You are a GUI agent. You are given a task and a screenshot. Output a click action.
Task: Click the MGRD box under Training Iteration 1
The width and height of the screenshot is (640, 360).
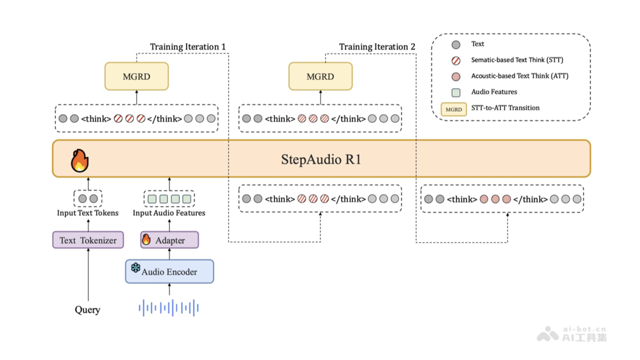tap(137, 76)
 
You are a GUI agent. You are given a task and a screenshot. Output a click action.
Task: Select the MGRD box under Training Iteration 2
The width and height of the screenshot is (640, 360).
tap(321, 76)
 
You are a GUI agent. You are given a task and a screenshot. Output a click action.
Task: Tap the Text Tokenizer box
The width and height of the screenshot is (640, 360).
tap(88, 240)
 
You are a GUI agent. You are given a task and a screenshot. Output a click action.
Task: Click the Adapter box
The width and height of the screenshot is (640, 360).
tap(170, 240)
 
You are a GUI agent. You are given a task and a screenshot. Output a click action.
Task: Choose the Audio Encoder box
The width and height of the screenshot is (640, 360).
tap(170, 271)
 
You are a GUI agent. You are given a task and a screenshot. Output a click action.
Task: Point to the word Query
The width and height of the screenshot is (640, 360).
tap(87, 309)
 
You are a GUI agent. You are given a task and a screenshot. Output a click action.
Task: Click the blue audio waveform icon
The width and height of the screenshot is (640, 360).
tap(169, 308)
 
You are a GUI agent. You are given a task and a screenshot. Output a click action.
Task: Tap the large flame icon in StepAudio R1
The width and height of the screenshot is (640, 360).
tap(79, 159)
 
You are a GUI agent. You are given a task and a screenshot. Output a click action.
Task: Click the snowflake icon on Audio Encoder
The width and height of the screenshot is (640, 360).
tap(135, 268)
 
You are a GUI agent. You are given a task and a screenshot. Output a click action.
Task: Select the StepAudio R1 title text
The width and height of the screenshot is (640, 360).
tap(321, 159)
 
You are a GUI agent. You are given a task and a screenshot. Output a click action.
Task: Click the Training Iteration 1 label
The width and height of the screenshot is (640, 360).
tap(188, 47)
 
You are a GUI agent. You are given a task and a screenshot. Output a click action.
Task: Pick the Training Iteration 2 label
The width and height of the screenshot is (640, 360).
tap(377, 47)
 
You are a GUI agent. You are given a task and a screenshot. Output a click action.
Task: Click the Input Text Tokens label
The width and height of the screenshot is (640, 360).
tap(87, 213)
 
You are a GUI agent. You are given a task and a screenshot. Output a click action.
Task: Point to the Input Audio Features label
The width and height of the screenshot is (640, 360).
tap(169, 213)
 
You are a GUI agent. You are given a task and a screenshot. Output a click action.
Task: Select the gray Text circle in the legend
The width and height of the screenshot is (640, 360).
tap(456, 44)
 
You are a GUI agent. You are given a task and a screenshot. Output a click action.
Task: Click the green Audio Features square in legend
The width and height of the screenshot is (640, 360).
tap(456, 92)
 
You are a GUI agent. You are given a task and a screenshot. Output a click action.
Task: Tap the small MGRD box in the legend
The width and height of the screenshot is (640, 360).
tap(454, 109)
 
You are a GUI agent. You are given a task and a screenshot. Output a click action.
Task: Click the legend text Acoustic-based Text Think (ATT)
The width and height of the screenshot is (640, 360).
tap(519, 76)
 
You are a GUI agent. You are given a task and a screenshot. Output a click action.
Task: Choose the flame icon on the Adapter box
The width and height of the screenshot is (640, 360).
tap(146, 239)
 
